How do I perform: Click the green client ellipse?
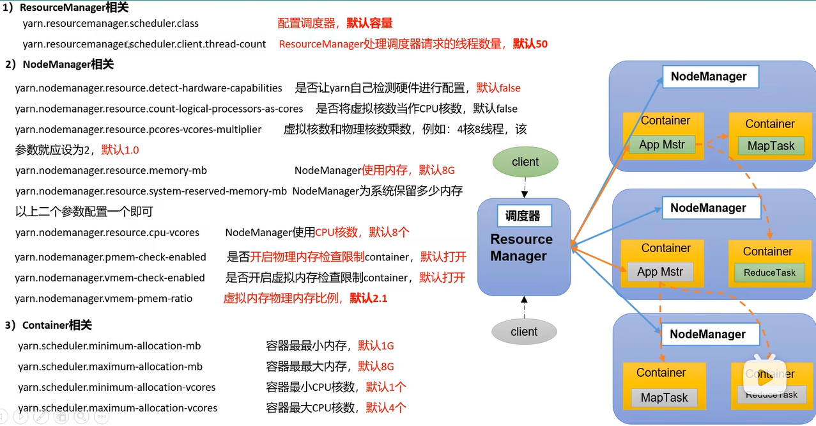[x=525, y=162]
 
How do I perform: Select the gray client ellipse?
[x=524, y=331]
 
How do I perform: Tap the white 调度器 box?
[x=523, y=216]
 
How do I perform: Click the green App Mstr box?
[x=662, y=145]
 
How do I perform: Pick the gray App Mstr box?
[x=660, y=272]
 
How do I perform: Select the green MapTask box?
[x=771, y=146]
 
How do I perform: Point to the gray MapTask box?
[x=664, y=397]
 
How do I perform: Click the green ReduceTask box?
[x=769, y=272]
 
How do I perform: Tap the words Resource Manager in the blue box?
[x=521, y=248]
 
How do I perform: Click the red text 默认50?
[x=530, y=44]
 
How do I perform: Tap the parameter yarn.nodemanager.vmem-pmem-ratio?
[x=104, y=298]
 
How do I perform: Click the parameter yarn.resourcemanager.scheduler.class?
[x=111, y=24]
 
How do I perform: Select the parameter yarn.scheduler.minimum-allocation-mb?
[x=109, y=346]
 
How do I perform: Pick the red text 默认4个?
[x=386, y=407]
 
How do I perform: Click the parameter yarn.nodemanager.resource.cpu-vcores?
[x=107, y=232]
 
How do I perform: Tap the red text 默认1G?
[x=376, y=346]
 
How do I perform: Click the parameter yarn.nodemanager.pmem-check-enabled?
[x=111, y=257]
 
